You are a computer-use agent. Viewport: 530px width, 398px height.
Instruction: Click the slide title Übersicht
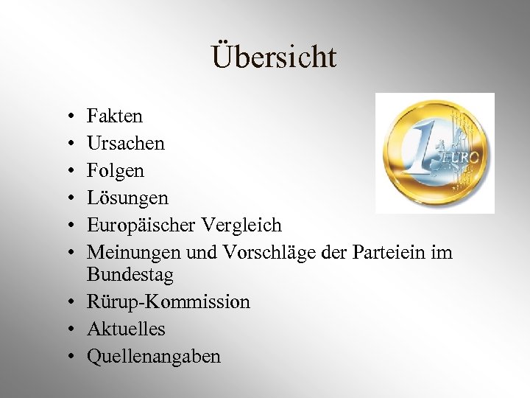(x=274, y=57)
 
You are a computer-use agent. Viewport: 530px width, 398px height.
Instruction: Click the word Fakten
(x=115, y=116)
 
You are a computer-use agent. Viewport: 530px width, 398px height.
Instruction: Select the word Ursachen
(x=126, y=143)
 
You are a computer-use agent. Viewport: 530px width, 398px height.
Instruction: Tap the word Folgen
(x=116, y=171)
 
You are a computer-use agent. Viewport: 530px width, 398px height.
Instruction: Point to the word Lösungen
(x=127, y=198)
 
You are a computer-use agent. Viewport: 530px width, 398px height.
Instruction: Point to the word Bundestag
(x=130, y=275)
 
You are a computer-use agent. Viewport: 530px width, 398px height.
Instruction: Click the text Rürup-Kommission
(x=169, y=302)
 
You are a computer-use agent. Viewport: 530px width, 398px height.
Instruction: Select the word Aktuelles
(x=126, y=329)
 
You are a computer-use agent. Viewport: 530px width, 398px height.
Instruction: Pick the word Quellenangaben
(x=154, y=357)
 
